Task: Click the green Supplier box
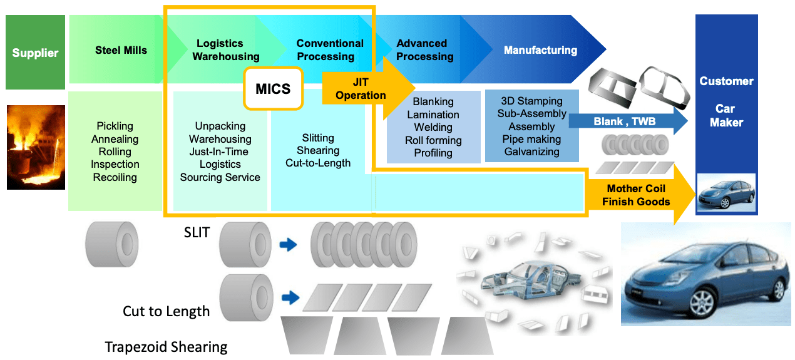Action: (x=35, y=53)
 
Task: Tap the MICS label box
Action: (x=273, y=88)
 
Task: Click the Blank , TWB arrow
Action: (x=632, y=121)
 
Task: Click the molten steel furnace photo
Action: (x=36, y=147)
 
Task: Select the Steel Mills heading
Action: (x=121, y=50)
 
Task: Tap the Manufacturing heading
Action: (x=540, y=50)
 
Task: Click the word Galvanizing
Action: (x=531, y=152)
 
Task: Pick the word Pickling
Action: (x=115, y=126)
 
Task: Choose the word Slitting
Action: (x=318, y=138)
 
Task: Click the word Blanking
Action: (x=433, y=101)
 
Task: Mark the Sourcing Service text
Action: (x=220, y=177)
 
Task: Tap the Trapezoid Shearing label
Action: (x=166, y=347)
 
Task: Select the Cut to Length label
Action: (x=166, y=311)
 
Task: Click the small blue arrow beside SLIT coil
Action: (x=288, y=245)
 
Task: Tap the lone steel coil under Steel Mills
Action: (x=111, y=243)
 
